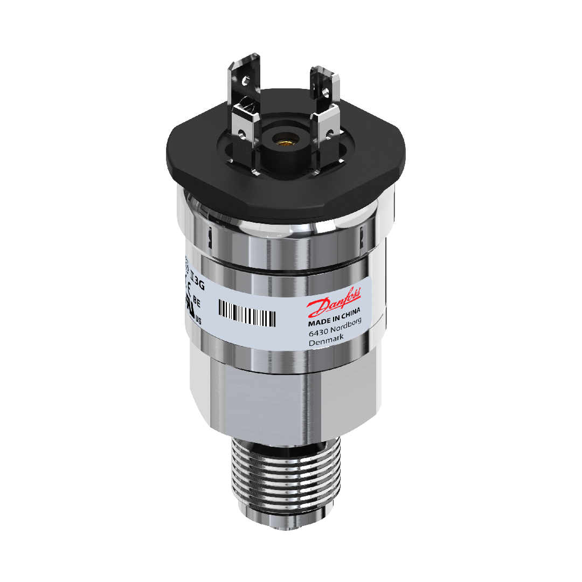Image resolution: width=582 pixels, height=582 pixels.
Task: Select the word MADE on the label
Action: pyautogui.click(x=318, y=324)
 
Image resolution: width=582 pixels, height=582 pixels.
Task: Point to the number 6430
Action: pyautogui.click(x=318, y=335)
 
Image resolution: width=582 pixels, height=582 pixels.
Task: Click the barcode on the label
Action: pyautogui.click(x=247, y=313)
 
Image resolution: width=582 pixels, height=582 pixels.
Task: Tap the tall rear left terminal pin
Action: pyautogui.click(x=245, y=81)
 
